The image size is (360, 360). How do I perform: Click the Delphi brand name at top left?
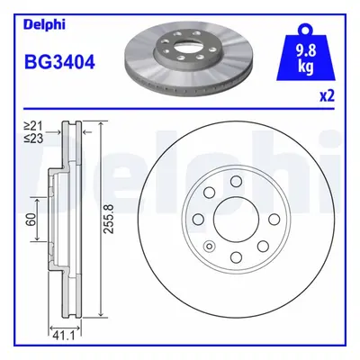point(44,24)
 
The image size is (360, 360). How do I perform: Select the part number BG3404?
point(59,63)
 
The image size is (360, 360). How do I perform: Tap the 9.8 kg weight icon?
point(306,53)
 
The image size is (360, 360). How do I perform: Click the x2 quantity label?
point(327,96)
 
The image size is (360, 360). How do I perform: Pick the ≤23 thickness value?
point(34,138)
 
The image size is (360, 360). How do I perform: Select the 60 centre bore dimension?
point(32,219)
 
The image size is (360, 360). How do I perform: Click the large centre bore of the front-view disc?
point(236,219)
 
